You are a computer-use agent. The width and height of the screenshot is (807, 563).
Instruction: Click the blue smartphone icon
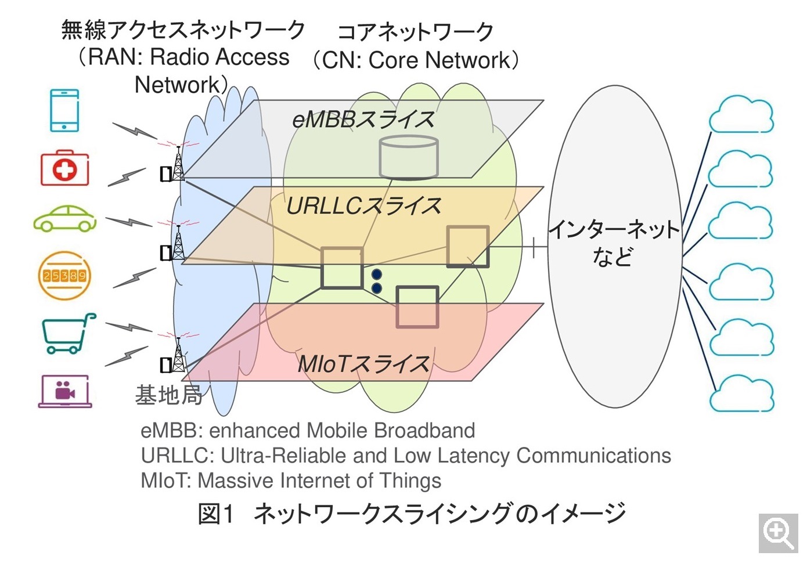click(64, 110)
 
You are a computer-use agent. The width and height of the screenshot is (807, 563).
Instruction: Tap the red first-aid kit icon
click(64, 169)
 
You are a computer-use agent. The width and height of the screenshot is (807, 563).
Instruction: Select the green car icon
click(64, 219)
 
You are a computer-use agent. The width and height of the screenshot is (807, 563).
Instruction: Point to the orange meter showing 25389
click(64, 275)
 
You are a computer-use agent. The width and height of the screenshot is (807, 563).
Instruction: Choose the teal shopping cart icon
click(67, 333)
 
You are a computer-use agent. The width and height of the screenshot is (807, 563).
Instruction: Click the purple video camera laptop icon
click(65, 391)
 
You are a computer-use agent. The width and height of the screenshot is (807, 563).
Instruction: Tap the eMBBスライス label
click(363, 120)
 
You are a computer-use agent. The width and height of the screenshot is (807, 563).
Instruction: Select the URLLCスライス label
click(363, 206)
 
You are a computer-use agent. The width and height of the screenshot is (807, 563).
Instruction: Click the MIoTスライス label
click(363, 364)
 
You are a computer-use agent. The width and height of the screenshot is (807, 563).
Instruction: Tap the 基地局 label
click(168, 395)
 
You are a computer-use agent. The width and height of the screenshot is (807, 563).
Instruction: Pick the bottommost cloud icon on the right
click(741, 393)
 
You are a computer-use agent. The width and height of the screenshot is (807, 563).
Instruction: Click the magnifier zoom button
click(778, 533)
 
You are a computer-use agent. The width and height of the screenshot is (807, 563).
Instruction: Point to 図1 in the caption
click(216, 514)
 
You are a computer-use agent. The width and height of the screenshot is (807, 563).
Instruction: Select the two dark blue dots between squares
click(376, 281)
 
